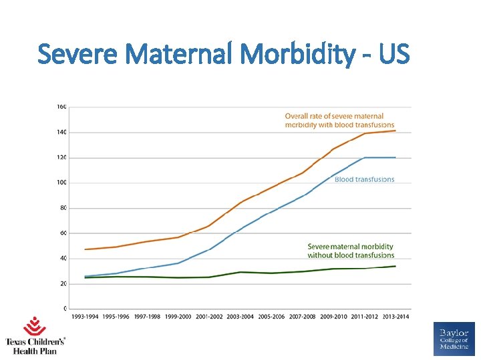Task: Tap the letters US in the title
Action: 393,53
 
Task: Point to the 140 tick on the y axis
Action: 61,132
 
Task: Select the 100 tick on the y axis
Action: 61,183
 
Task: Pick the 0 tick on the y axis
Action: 64,309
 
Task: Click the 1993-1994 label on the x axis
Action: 86,316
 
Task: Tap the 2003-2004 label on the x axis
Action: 240,316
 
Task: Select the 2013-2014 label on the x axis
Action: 395,316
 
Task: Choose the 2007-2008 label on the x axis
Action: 303,316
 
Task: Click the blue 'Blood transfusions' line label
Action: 364,179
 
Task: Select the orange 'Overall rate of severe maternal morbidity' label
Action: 339,121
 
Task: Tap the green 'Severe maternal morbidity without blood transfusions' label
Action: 351,251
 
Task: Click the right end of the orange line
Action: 395,131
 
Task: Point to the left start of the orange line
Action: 86,249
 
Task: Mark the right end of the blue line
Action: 395,157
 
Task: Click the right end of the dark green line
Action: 395,266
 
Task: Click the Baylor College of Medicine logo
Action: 454,339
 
